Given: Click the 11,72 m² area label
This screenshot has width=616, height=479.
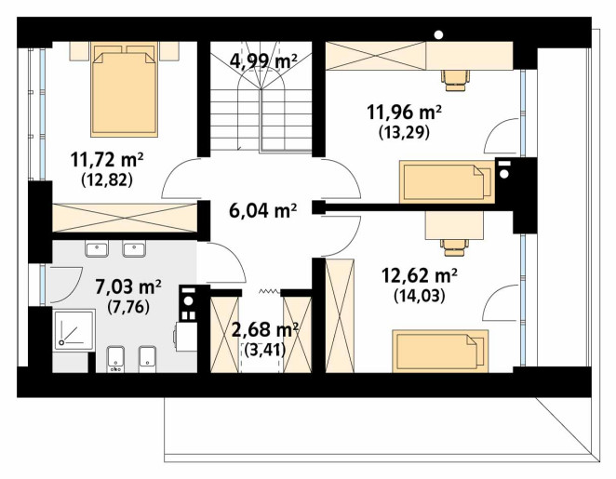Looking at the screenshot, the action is click(107, 160).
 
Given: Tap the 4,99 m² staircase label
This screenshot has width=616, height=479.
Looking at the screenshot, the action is click(262, 60).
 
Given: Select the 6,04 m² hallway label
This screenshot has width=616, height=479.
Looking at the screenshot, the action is click(262, 211).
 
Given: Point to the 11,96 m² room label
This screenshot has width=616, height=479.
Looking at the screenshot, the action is click(404, 113).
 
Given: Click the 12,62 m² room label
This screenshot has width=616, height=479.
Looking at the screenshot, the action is click(419, 275).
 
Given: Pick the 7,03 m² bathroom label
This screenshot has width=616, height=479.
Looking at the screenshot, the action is click(128, 286).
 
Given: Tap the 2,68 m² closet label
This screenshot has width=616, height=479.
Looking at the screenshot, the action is click(265, 330).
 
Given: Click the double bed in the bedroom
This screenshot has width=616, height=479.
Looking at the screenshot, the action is click(124, 89).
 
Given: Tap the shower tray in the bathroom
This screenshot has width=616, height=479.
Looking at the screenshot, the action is click(74, 330).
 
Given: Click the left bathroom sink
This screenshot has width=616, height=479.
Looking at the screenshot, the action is click(97, 249).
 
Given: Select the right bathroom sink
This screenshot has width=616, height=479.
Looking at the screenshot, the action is click(134, 249).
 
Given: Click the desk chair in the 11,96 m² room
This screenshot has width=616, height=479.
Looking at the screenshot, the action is click(455, 81).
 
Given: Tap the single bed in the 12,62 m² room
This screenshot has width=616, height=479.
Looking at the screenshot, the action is click(440, 351).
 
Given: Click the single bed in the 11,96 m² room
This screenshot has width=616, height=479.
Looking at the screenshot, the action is click(447, 181).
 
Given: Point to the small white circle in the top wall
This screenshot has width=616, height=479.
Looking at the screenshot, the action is click(439, 35).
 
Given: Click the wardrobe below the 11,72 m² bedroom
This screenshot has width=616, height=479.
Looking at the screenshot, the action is click(125, 218).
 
